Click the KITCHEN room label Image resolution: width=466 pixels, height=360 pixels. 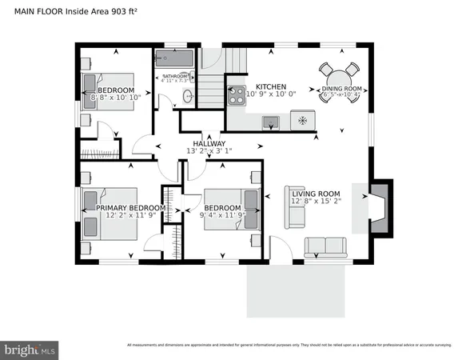point(270,86)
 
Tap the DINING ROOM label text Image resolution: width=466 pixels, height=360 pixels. point(342,90)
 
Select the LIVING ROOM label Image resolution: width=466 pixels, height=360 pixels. point(316,194)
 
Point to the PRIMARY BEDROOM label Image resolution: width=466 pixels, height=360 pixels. point(125,208)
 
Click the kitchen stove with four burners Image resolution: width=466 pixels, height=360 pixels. point(237,96)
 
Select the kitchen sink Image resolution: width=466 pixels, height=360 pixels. point(272,122)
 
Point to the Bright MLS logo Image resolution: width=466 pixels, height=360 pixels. point(30,350)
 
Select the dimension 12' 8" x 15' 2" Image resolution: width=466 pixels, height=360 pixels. point(317,202)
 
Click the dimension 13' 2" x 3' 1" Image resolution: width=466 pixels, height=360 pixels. point(209,150)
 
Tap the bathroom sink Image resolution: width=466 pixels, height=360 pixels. point(188,96)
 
